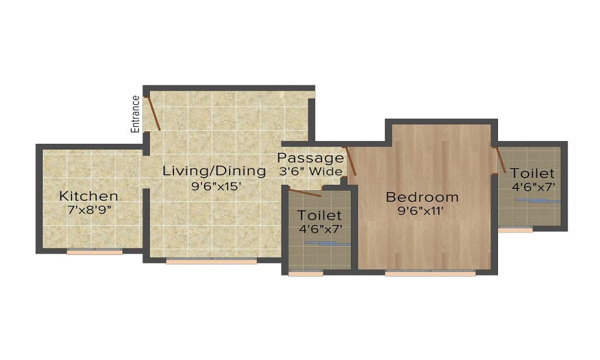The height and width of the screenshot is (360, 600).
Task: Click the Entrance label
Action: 136,114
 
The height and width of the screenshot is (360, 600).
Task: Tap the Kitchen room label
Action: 89,196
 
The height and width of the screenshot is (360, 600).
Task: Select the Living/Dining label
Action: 214,171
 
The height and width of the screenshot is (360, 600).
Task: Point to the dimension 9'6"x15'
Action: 216,186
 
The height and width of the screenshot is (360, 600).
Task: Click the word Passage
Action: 310,158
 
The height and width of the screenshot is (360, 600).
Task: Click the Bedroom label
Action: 422,197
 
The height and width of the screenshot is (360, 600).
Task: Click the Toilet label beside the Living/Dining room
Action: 320,215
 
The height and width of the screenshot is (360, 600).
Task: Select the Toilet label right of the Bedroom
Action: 533,174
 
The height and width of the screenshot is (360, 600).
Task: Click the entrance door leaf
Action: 154,113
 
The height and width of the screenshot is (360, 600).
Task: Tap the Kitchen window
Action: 94,252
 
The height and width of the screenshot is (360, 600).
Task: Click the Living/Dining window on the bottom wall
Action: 211,262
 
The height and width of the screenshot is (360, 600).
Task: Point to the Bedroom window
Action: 430,274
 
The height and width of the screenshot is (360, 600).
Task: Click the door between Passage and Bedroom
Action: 350,161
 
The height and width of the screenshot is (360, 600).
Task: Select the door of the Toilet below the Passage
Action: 305,193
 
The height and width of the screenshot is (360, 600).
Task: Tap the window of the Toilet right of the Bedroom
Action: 515,230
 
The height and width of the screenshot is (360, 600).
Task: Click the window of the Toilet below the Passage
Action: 305,274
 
